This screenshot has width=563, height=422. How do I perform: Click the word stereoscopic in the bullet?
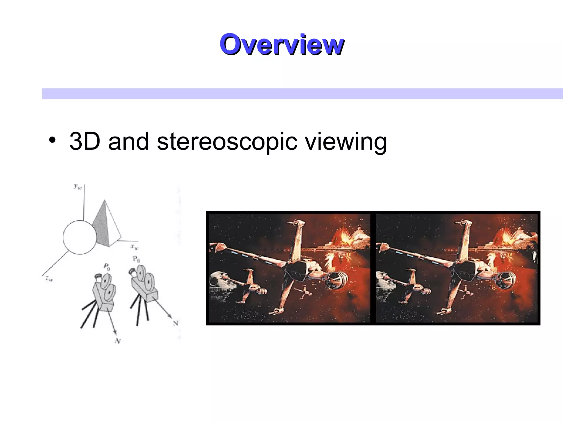(227, 142)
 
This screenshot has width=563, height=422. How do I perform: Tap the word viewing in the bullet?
(346, 142)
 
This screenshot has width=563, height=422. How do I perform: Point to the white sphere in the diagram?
(80, 237)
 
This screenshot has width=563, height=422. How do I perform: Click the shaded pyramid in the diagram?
(106, 225)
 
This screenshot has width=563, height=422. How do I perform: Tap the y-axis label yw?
(78, 187)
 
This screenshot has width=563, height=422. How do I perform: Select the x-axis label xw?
(134, 246)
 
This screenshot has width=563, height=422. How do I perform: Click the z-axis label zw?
(49, 279)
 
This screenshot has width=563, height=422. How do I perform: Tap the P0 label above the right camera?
(136, 259)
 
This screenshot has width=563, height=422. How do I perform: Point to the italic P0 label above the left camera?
(107, 267)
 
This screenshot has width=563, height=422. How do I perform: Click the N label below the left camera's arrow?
(118, 341)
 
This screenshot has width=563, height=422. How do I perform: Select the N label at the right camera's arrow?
(176, 323)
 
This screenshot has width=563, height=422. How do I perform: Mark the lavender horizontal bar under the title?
(302, 94)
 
